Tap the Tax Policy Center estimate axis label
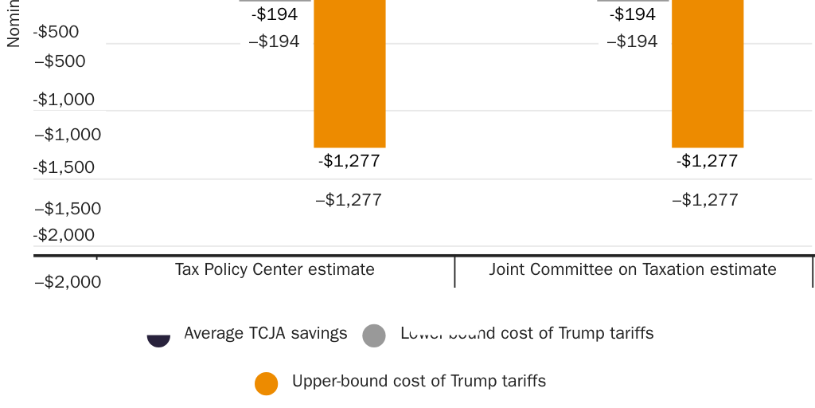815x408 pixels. (x=275, y=269)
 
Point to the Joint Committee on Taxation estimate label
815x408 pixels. (x=633, y=269)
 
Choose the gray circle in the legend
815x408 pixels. (x=374, y=335)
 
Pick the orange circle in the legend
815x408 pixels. (x=267, y=383)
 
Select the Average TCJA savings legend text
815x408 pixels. (x=266, y=333)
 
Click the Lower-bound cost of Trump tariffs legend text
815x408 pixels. (x=527, y=333)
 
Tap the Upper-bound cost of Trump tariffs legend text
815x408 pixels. (x=419, y=381)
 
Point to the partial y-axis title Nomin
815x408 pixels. (x=13, y=24)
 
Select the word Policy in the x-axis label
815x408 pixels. (x=227, y=269)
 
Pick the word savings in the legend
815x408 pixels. (x=322, y=333)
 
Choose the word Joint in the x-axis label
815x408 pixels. (x=507, y=269)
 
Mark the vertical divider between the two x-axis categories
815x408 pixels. (x=454, y=272)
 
